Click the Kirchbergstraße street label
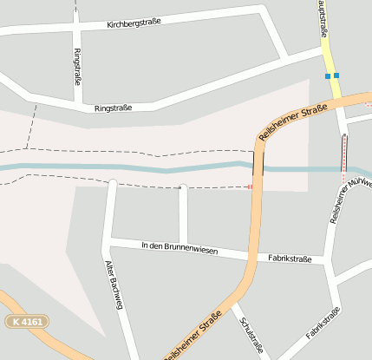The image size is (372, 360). coord(134,23)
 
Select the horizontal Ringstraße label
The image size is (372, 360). coord(114,108)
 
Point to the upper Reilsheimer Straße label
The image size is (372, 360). coord(293,121)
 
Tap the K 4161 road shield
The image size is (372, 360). coord(27,322)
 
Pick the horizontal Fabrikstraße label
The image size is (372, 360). coord(290,259)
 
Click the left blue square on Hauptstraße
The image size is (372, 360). coord(327,76)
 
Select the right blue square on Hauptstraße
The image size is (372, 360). coord(336,75)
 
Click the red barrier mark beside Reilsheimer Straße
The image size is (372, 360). coord(250,186)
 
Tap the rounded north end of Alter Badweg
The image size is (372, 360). coord(112,183)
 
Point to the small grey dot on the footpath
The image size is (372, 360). coord(182,186)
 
